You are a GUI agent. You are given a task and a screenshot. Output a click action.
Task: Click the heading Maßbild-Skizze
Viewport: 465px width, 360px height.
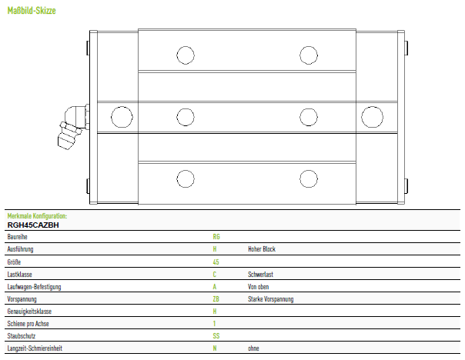coord(32,11)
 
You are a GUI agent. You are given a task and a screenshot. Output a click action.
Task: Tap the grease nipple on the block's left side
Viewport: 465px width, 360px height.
coord(72,127)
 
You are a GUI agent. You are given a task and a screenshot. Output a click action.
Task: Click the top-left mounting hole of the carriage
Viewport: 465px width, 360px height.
coord(186,55)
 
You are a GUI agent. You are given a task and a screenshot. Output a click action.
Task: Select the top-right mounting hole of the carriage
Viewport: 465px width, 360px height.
coord(309,55)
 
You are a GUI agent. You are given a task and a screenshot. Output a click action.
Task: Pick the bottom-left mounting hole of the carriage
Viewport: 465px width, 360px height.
coord(186,179)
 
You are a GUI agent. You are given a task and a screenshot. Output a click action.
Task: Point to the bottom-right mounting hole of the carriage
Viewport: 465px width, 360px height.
coord(309,179)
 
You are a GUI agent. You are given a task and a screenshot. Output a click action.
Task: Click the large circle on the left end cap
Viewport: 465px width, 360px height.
coord(122,117)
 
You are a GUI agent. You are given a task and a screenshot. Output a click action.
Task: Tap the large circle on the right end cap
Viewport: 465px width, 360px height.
coord(372,117)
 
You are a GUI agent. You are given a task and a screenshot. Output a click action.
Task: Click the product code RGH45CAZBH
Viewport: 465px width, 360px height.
coord(33,225)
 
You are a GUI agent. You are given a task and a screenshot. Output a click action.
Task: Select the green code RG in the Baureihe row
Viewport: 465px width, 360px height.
coord(216,237)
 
